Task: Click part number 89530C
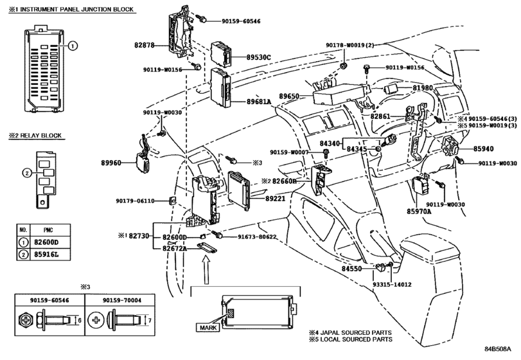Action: pyautogui.click(x=258, y=57)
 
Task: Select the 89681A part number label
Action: pyautogui.click(x=259, y=102)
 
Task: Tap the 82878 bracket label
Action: pyautogui.click(x=145, y=45)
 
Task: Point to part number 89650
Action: pyautogui.click(x=288, y=96)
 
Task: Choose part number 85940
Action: pyautogui.click(x=484, y=148)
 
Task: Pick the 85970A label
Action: pyautogui.click(x=419, y=212)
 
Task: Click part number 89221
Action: pyautogui.click(x=276, y=199)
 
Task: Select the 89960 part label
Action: pyautogui.click(x=111, y=163)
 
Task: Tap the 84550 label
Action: pyautogui.click(x=351, y=269)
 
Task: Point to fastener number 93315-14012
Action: pyautogui.click(x=392, y=285)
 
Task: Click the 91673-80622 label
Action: pyautogui.click(x=257, y=237)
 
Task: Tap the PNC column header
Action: pyautogui.click(x=49, y=230)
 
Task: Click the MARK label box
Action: pyautogui.click(x=208, y=327)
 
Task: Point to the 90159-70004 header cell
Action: pyautogui.click(x=121, y=300)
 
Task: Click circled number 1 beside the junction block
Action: pyautogui.click(x=73, y=46)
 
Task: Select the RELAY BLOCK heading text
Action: pyautogui.click(x=41, y=136)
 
